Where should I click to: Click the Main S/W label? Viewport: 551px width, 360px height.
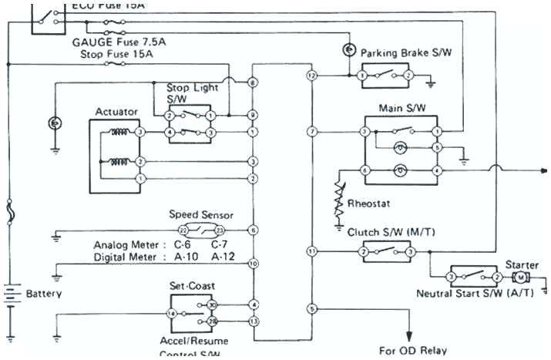398,108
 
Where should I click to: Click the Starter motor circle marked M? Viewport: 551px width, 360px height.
521,277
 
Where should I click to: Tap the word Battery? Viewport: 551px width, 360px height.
44,294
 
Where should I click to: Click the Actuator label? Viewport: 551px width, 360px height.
116,112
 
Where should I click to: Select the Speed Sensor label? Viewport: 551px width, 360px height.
201,215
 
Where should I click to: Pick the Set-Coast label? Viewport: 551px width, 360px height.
193,285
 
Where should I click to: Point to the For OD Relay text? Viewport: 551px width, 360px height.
412,350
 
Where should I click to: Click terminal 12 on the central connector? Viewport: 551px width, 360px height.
311,76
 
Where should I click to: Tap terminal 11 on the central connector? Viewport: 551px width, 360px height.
311,251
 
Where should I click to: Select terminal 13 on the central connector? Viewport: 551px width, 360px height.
253,320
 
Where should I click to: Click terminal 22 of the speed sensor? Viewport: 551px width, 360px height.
183,230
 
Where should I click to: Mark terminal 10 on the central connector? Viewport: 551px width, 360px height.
253,264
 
